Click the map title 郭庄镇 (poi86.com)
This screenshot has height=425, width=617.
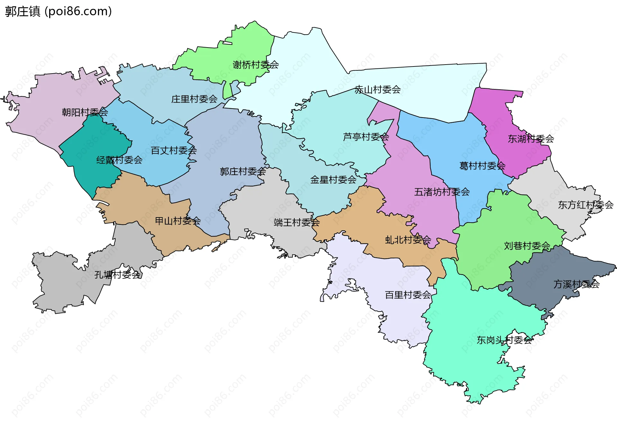(58, 11)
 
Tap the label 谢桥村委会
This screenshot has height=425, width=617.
(255, 65)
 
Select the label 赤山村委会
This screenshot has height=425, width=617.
(378, 90)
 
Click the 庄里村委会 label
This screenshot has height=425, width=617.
(194, 99)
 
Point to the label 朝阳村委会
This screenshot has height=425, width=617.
(85, 112)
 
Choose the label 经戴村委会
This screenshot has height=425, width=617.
(119, 160)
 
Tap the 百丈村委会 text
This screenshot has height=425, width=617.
(174, 150)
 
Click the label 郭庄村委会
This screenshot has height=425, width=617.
(243, 172)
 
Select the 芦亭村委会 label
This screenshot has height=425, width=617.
(366, 137)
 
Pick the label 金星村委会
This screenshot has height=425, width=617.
(333, 180)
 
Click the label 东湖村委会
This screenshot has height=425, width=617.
(531, 139)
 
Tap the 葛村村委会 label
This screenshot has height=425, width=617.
(482, 166)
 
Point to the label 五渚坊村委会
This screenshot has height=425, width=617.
(442, 192)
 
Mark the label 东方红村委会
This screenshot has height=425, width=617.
(586, 205)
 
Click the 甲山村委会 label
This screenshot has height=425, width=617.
(178, 221)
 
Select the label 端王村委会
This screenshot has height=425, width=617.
(296, 222)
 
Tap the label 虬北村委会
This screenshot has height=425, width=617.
(408, 240)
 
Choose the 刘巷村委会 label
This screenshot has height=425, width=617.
(527, 246)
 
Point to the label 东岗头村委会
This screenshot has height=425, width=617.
(504, 340)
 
